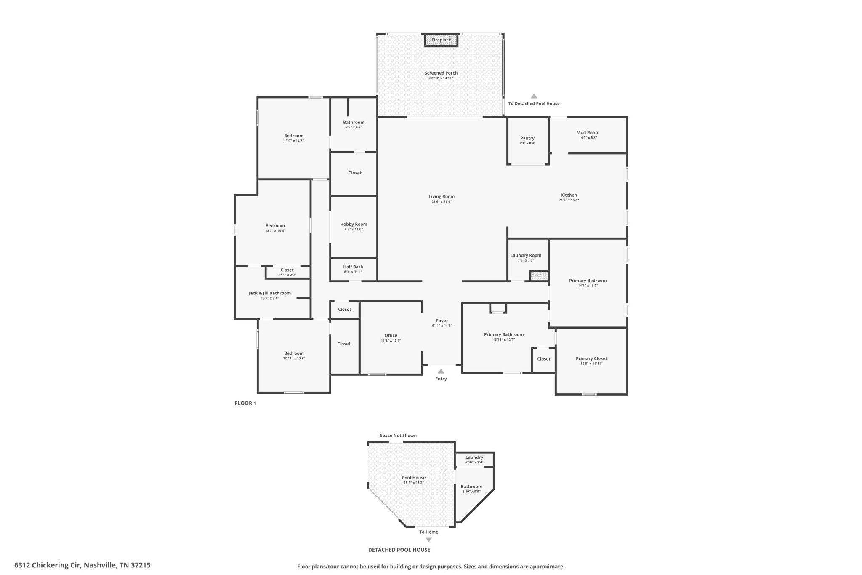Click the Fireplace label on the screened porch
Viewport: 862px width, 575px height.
point(441,40)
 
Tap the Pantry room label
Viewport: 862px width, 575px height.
point(527,138)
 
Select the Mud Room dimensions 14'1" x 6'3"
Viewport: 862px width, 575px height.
point(588,138)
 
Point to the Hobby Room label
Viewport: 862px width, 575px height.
point(354,224)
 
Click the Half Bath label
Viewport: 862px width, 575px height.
point(353,267)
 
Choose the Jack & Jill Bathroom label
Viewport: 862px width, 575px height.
point(269,293)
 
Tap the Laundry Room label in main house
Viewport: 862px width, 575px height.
point(526,255)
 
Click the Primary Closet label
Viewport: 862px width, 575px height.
point(591,358)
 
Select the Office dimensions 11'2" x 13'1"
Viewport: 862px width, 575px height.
point(391,340)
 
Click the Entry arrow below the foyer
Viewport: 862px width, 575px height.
point(441,372)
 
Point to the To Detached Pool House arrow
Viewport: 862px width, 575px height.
point(534,96)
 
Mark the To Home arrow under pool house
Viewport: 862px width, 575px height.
point(428,540)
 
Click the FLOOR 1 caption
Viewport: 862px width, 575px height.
point(245,403)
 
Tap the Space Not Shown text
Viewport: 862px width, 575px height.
point(398,436)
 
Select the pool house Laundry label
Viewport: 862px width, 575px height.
point(474,457)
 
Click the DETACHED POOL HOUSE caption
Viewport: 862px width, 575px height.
point(399,550)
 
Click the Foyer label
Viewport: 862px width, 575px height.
point(442,321)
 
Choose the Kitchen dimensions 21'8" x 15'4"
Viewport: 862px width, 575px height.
point(569,200)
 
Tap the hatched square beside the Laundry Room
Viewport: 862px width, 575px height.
point(539,276)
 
